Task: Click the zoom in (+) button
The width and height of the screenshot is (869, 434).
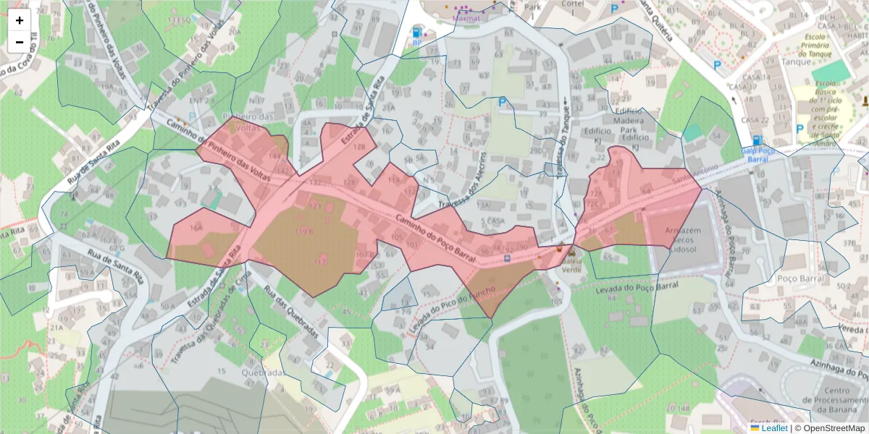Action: pyautogui.click(x=20, y=20)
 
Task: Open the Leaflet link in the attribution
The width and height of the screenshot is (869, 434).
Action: pyautogui.click(x=774, y=428)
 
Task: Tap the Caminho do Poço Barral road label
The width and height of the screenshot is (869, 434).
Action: pyautogui.click(x=435, y=237)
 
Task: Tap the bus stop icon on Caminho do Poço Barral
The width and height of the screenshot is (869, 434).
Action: pyautogui.click(x=507, y=257)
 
